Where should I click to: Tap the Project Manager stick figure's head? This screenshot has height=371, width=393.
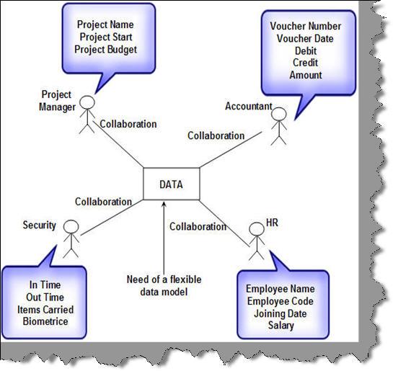coord(87,102)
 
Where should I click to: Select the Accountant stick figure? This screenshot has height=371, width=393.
coord(279,126)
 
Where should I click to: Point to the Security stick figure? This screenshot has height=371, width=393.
coord(71,239)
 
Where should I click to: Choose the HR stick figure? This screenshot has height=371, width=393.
coord(257,241)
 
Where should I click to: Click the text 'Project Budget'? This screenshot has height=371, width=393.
coord(106,50)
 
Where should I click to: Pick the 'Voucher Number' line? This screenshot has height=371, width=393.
coord(306,26)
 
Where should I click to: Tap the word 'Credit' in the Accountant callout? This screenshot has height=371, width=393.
coord(306,63)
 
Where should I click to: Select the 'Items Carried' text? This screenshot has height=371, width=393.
coord(45,310)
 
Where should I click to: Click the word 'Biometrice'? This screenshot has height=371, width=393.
coord(45,321)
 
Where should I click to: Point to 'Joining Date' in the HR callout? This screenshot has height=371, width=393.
coord(281,314)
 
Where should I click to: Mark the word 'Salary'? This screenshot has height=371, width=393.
coord(281,326)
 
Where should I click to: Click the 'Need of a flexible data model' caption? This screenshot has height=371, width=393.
coord(164,286)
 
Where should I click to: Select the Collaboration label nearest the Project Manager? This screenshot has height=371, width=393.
coord(128,124)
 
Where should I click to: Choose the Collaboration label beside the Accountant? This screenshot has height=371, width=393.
coord(216,135)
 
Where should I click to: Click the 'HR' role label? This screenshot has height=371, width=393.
coord(272,223)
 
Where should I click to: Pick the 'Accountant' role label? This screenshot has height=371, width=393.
coord(249,106)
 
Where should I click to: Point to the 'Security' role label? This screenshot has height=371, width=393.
coord(40,225)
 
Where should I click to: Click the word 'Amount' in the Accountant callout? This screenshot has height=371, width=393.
coord(306,75)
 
